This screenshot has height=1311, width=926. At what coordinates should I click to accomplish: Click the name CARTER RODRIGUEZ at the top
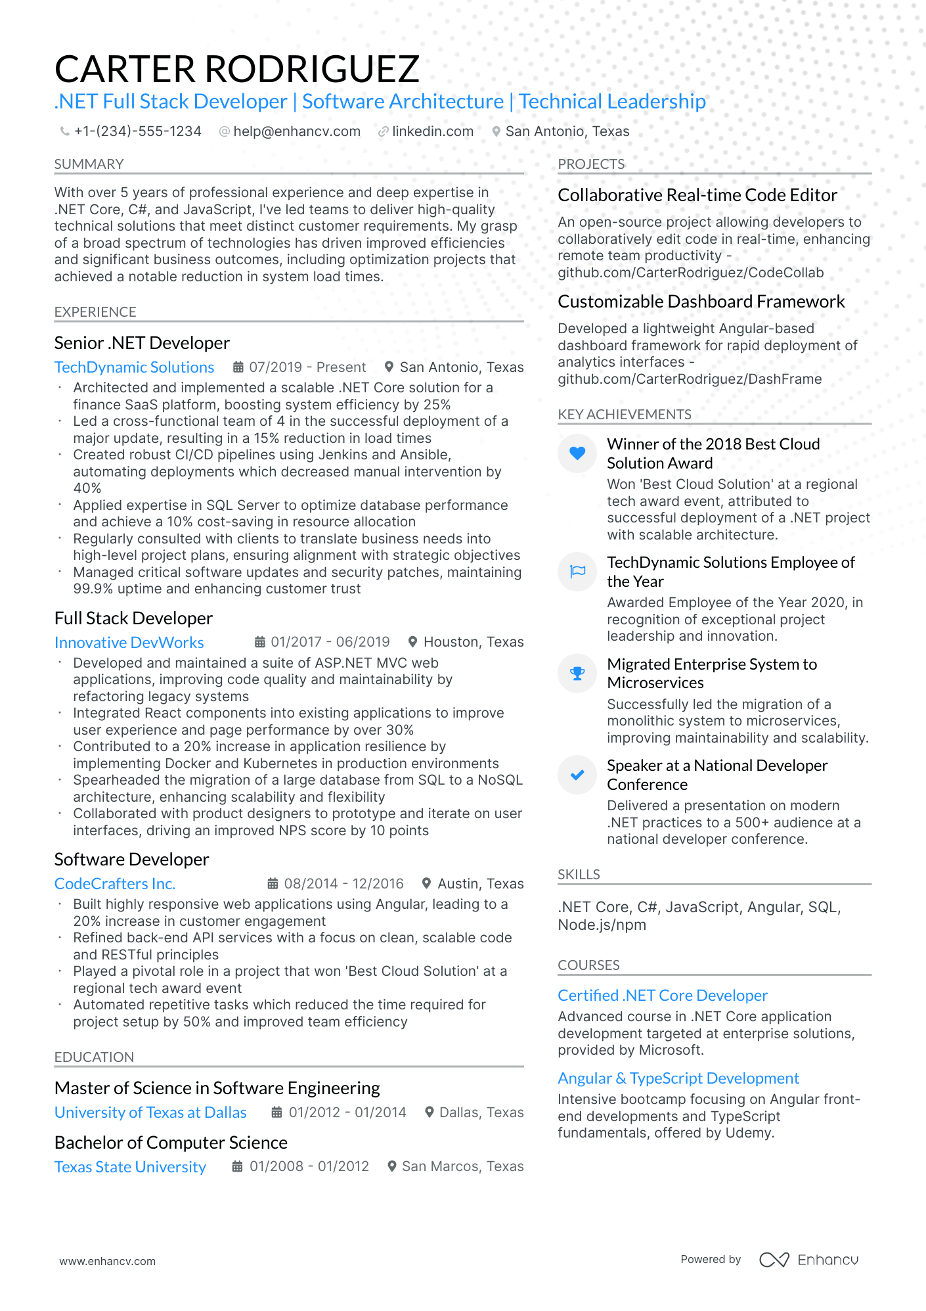[236, 69]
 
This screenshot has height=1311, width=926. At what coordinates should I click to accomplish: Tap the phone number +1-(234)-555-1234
[137, 131]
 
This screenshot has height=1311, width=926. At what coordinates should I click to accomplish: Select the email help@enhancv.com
[297, 131]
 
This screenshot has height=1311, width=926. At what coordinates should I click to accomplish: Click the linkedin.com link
[432, 131]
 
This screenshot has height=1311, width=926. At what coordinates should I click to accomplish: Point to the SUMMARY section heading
[89, 164]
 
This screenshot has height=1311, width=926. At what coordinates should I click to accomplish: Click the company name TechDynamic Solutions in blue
[134, 367]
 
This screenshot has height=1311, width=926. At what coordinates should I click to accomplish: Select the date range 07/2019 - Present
[307, 367]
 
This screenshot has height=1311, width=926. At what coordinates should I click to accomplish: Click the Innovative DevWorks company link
[129, 643]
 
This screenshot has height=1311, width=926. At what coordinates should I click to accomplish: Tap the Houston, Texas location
[473, 642]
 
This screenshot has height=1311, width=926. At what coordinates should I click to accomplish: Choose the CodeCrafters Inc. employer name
[115, 884]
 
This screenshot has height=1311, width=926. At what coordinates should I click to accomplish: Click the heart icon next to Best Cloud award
[577, 453]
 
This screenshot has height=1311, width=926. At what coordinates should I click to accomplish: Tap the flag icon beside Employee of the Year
[577, 571]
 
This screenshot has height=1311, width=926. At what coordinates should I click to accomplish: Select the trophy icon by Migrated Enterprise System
[577, 673]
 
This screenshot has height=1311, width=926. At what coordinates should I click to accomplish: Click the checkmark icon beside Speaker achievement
[577, 775]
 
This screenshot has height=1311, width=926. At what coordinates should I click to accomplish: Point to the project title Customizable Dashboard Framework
[701, 302]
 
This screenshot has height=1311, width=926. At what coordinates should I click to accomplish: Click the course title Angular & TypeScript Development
[678, 1078]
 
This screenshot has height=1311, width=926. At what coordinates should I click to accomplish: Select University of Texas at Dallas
[150, 1113]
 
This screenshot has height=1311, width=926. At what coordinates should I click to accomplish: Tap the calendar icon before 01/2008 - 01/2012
[238, 1166]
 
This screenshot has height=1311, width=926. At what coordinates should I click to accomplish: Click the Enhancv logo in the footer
[808, 1260]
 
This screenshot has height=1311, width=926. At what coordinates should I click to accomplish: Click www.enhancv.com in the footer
[108, 1261]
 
